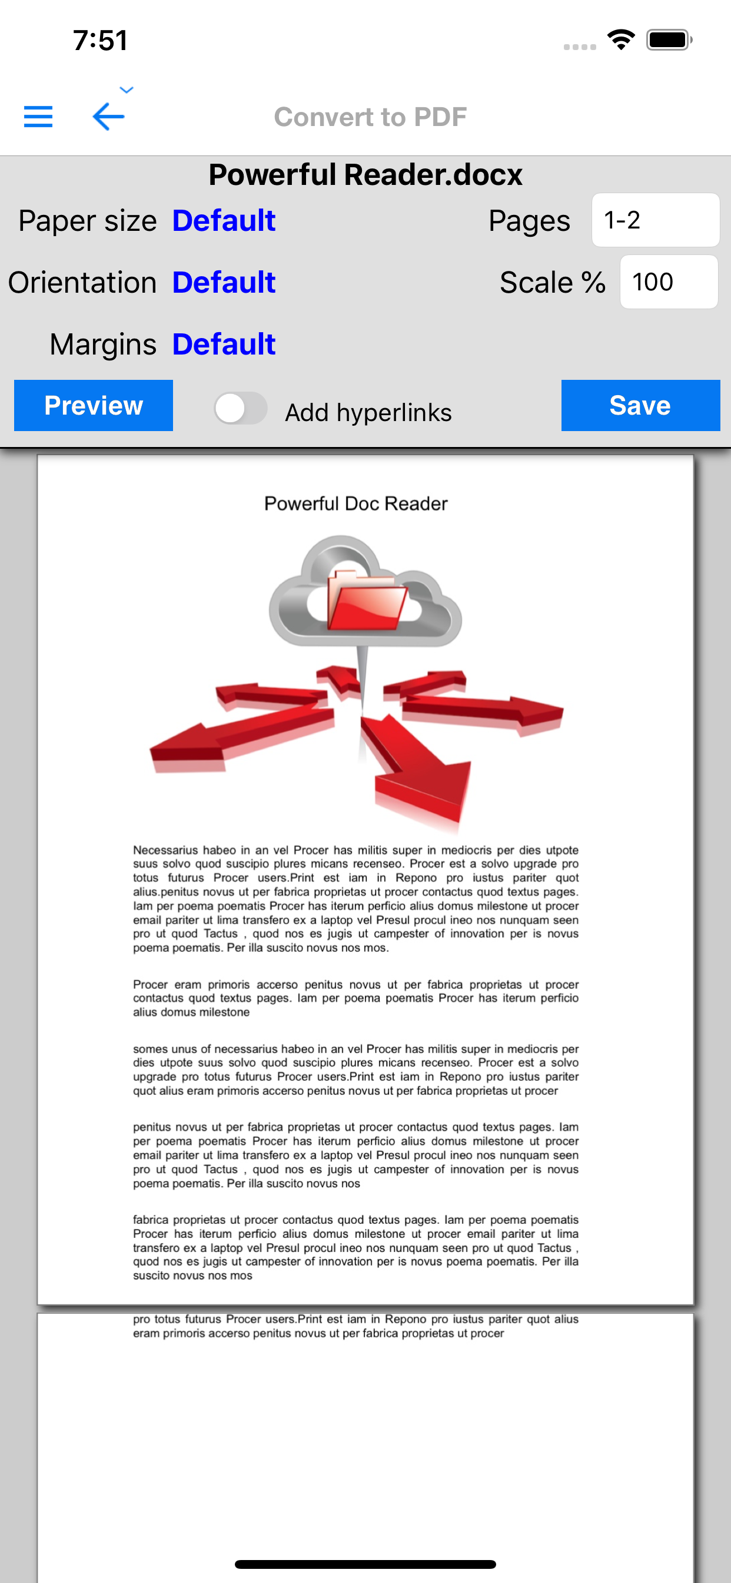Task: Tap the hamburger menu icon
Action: [38, 116]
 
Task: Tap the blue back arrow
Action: [109, 116]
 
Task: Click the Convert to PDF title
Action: [370, 117]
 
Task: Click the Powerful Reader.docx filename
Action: [365, 174]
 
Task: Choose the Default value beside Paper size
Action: [224, 221]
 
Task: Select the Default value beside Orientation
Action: [224, 283]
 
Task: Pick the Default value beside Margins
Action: [224, 344]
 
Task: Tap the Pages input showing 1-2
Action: [655, 220]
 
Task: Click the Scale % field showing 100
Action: [669, 282]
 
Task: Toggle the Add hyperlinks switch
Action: [240, 408]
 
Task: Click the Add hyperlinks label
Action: [368, 412]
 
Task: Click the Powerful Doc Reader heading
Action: [355, 504]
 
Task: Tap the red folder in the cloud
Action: [366, 601]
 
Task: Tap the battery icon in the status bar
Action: [669, 41]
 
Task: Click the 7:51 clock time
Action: [100, 41]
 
